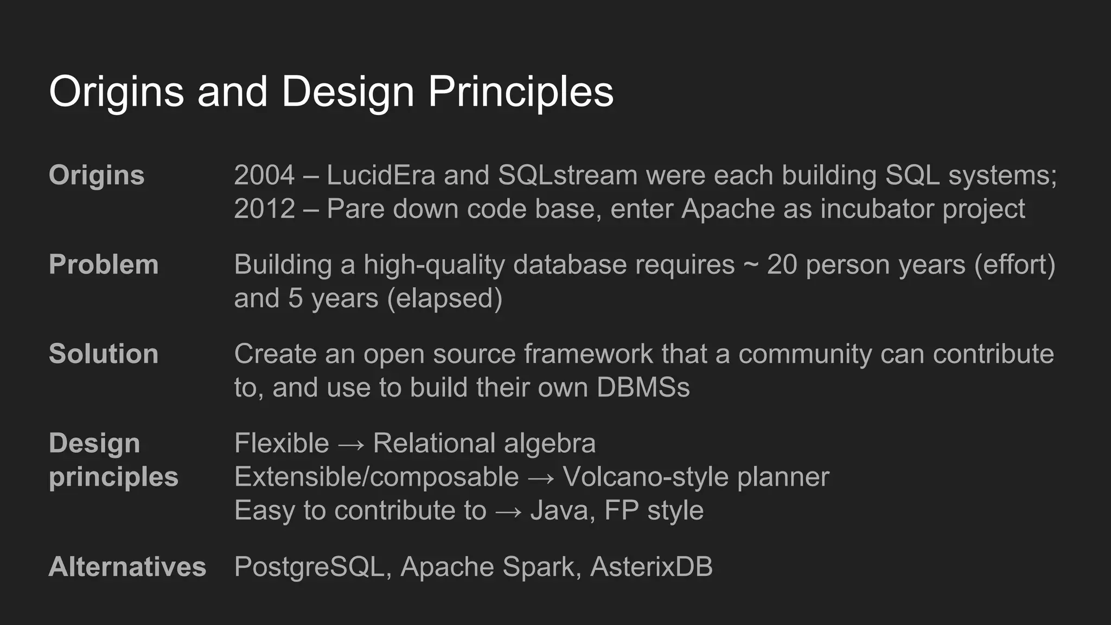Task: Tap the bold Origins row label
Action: (97, 175)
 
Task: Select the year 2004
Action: (264, 175)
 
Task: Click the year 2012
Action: (264, 209)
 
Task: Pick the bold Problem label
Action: (104, 265)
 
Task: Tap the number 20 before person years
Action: (782, 265)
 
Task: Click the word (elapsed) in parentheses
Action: (445, 298)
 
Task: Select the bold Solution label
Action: (104, 354)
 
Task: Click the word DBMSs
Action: (643, 387)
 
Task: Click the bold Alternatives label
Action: (127, 567)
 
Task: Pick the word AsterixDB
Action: (651, 567)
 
